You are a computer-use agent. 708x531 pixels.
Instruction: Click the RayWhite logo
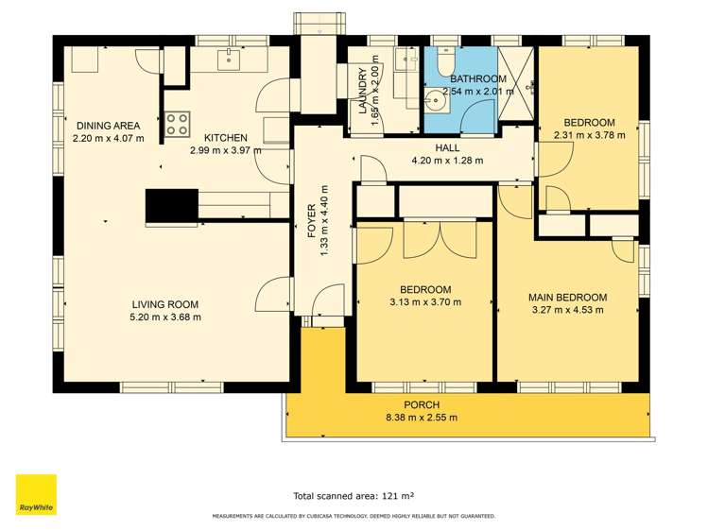pyautogui.click(x=36, y=494)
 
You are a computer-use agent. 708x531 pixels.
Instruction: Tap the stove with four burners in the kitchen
pyautogui.click(x=177, y=122)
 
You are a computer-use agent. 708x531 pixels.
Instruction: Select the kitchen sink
pyautogui.click(x=229, y=60)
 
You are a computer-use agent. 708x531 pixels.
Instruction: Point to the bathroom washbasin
pyautogui.click(x=436, y=98)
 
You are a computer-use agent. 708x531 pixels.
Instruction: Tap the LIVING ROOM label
pyautogui.click(x=165, y=303)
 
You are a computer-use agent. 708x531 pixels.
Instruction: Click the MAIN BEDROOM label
pyautogui.click(x=567, y=297)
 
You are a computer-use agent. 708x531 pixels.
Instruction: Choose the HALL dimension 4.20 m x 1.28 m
pyautogui.click(x=447, y=161)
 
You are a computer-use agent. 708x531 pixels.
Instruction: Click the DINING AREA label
pyautogui.click(x=108, y=125)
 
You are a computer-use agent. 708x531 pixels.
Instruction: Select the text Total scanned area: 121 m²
pyautogui.click(x=354, y=495)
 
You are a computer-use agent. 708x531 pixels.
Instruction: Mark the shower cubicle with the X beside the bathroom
pyautogui.click(x=516, y=90)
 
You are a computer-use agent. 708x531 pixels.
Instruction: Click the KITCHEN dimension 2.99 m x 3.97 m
pyautogui.click(x=225, y=150)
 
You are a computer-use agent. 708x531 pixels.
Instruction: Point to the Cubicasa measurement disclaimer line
pyautogui.click(x=354, y=516)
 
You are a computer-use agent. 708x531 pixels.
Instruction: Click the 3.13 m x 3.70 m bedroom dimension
pyautogui.click(x=424, y=302)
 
